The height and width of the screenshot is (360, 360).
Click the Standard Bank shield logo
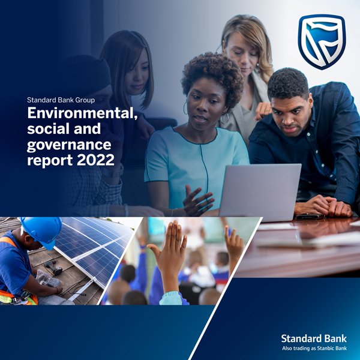pyautogui.click(x=322, y=42)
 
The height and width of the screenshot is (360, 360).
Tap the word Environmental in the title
pyautogui.click(x=83, y=113)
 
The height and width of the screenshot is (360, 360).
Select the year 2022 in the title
pyautogui.click(x=95, y=160)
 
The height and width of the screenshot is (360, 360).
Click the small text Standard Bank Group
pyautogui.click(x=61, y=100)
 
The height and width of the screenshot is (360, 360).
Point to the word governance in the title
pyautogui.click(x=69, y=145)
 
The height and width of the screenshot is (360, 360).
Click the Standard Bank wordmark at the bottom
pyautogui.click(x=314, y=338)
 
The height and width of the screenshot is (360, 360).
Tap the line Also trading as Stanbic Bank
pyautogui.click(x=314, y=348)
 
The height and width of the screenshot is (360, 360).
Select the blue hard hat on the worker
pyautogui.click(x=42, y=232)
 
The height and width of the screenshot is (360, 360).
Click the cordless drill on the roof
pyautogui.click(x=53, y=267)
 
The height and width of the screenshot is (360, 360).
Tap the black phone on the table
pyautogui.click(x=310, y=217)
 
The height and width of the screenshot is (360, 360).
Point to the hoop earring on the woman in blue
pyautogui.click(x=185, y=108)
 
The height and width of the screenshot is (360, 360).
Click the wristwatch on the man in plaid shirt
pyautogui.click(x=113, y=172)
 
